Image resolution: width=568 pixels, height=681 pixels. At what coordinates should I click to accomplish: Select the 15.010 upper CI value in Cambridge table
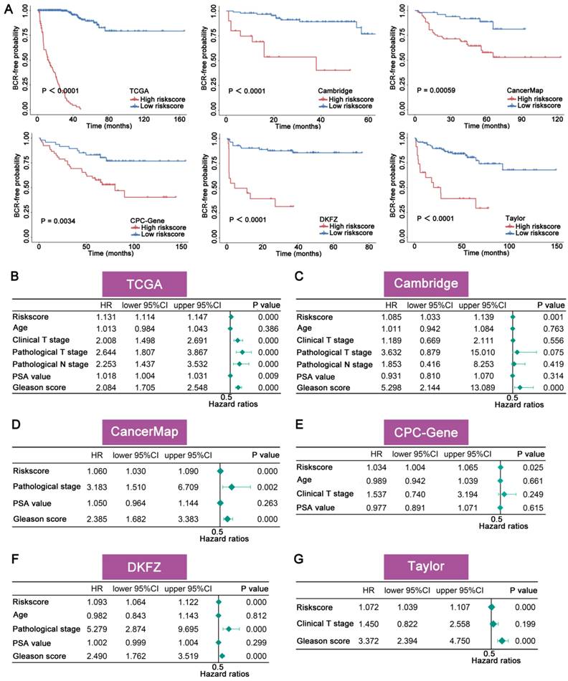[x=475, y=352]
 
